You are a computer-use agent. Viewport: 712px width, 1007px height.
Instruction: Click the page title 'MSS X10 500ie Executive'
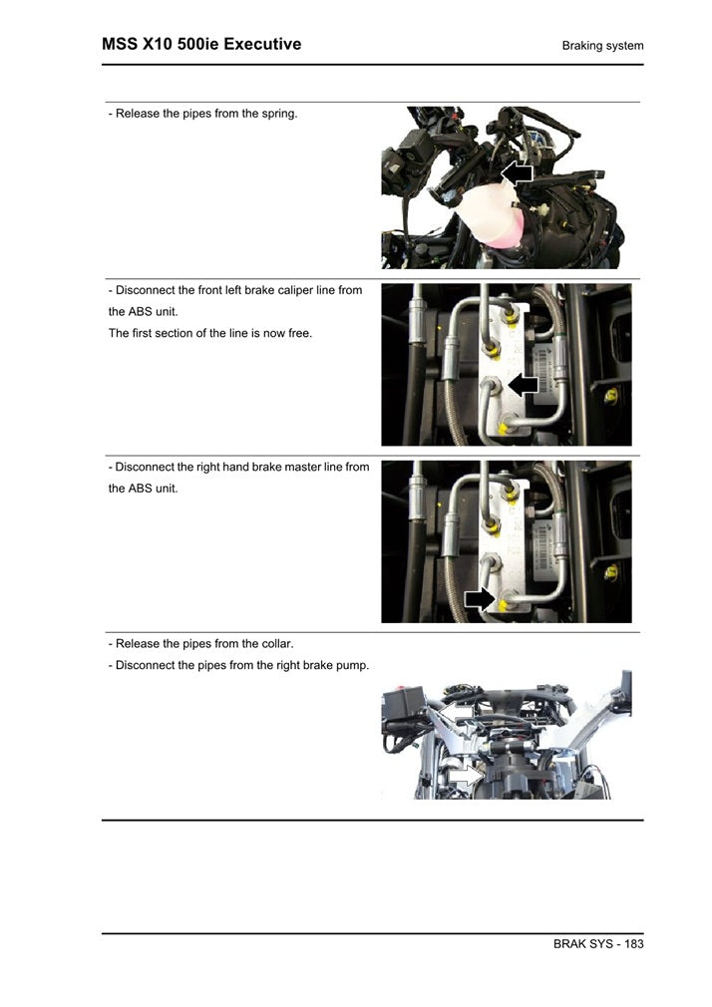pyautogui.click(x=201, y=45)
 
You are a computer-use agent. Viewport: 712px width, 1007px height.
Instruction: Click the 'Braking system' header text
pyautogui.click(x=602, y=46)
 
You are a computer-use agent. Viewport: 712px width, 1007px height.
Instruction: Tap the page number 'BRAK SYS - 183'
pyautogui.click(x=597, y=944)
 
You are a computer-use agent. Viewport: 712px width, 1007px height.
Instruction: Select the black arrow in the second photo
pyautogui.click(x=523, y=384)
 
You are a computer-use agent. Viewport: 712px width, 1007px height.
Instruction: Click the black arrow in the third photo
pyautogui.click(x=480, y=598)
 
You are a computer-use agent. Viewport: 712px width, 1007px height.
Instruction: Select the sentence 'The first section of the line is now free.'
pyautogui.click(x=209, y=333)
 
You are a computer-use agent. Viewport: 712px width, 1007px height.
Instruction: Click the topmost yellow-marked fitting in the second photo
pyautogui.click(x=513, y=313)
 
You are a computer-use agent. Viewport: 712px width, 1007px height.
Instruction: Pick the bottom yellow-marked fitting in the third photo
pyautogui.click(x=511, y=602)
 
